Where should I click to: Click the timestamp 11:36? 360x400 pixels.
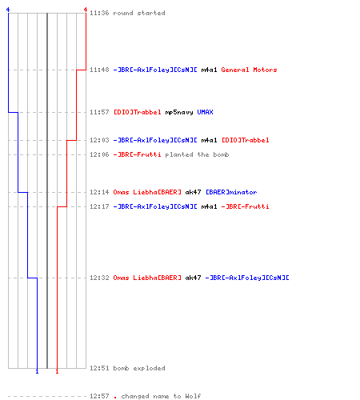[x=99, y=13]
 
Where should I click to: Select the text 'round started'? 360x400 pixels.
[x=139, y=13]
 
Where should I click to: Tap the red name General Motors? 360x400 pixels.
[x=249, y=70]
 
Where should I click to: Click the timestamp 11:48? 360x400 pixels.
[x=99, y=70]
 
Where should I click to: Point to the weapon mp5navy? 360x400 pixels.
[x=179, y=112]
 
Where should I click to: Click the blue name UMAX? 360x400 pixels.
[x=206, y=112]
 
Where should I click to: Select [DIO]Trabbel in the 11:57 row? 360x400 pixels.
[x=138, y=112]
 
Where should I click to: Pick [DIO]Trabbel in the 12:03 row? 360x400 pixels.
[x=246, y=140]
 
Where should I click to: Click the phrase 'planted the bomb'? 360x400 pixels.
[x=197, y=154]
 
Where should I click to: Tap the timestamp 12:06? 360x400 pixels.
[x=99, y=154]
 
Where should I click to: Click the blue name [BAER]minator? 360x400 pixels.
[x=231, y=192]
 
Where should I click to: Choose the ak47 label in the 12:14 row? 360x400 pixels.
[x=193, y=192]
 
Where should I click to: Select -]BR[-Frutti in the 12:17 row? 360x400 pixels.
[x=245, y=206]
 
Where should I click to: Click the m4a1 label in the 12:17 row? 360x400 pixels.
[x=209, y=206]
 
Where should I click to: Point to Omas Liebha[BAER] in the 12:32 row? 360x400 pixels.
[x=147, y=278]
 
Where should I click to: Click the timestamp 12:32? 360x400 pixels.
[x=99, y=278]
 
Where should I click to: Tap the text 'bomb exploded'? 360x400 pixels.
[x=139, y=368]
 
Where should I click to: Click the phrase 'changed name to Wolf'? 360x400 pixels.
[x=161, y=396]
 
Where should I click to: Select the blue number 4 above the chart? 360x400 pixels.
[x=8, y=10]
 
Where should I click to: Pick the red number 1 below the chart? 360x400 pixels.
[x=57, y=371]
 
